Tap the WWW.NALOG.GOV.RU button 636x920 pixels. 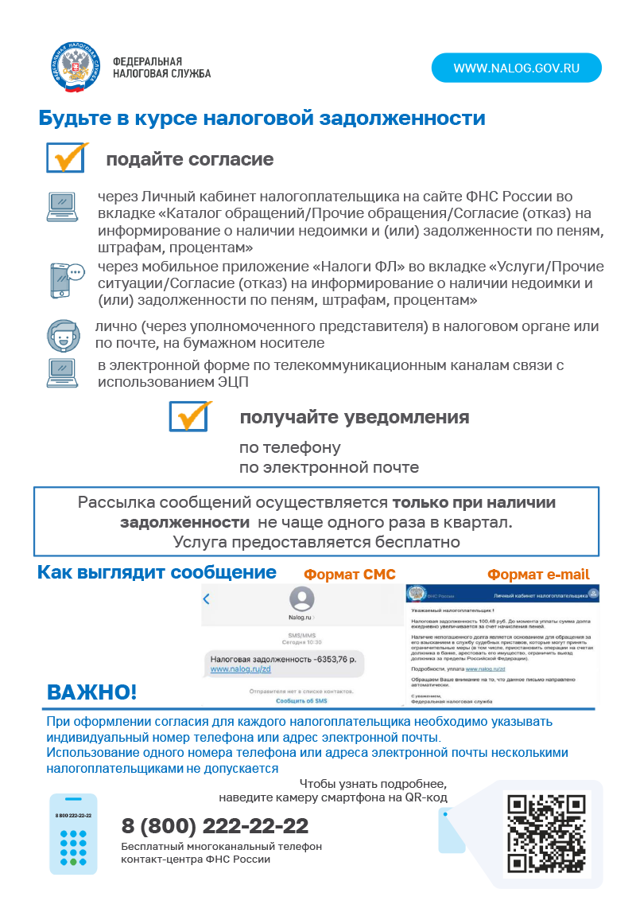[516, 68]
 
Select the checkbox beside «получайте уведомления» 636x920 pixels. [189, 416]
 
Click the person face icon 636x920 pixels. [64, 335]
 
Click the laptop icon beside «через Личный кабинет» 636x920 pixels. [64, 206]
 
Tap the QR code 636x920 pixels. [546, 833]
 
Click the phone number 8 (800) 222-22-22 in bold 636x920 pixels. [215, 826]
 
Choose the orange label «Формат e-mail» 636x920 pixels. [538, 575]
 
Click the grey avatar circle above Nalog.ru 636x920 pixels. [301, 598]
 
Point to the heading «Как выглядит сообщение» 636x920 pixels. [157, 572]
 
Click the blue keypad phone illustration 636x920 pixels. [73, 833]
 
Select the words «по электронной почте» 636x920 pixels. [329, 467]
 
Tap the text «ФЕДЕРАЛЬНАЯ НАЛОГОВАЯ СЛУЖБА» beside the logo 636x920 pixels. [161, 68]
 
